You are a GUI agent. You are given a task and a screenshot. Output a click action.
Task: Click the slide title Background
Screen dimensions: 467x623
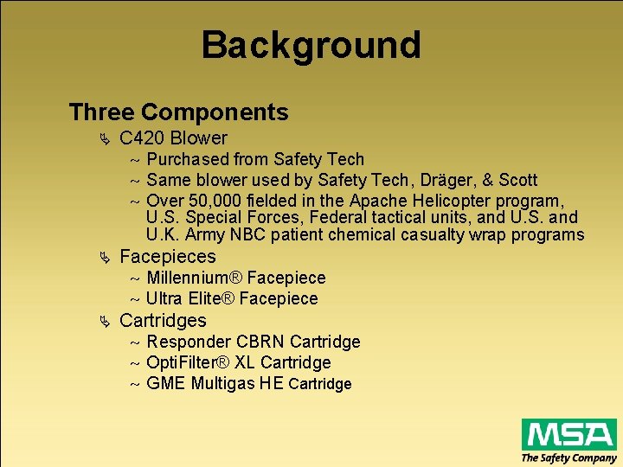311,45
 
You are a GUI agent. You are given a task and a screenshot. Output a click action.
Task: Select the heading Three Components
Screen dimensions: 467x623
178,112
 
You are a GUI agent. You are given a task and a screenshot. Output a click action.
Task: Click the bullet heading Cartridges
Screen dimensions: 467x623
164,321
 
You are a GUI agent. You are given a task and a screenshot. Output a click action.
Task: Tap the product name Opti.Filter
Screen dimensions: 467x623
183,362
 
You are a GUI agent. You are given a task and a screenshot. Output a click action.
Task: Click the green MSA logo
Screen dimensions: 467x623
568,433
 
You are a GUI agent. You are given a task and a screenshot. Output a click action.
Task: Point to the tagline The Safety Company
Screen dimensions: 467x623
568,457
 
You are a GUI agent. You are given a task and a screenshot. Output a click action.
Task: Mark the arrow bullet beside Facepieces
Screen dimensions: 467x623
105,258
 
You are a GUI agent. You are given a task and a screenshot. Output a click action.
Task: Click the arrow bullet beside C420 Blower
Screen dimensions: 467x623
105,139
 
